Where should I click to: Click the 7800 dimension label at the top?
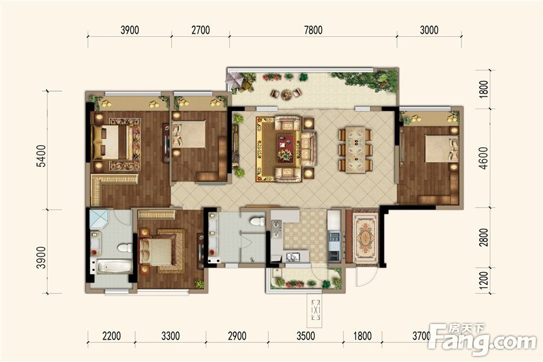313,30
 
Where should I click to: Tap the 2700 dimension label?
200,30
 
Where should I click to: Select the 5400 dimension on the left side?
41,156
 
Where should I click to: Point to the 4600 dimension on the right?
483,158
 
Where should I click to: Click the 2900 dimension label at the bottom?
237,335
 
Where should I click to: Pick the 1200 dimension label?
484,281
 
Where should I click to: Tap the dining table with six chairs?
355,150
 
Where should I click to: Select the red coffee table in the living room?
285,148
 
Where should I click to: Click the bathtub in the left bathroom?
114,267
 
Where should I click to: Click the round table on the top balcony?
287,94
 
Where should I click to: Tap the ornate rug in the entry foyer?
366,238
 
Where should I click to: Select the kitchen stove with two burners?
276,229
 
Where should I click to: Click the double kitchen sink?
293,256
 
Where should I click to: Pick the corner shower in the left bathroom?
100,218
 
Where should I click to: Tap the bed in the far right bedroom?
442,148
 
